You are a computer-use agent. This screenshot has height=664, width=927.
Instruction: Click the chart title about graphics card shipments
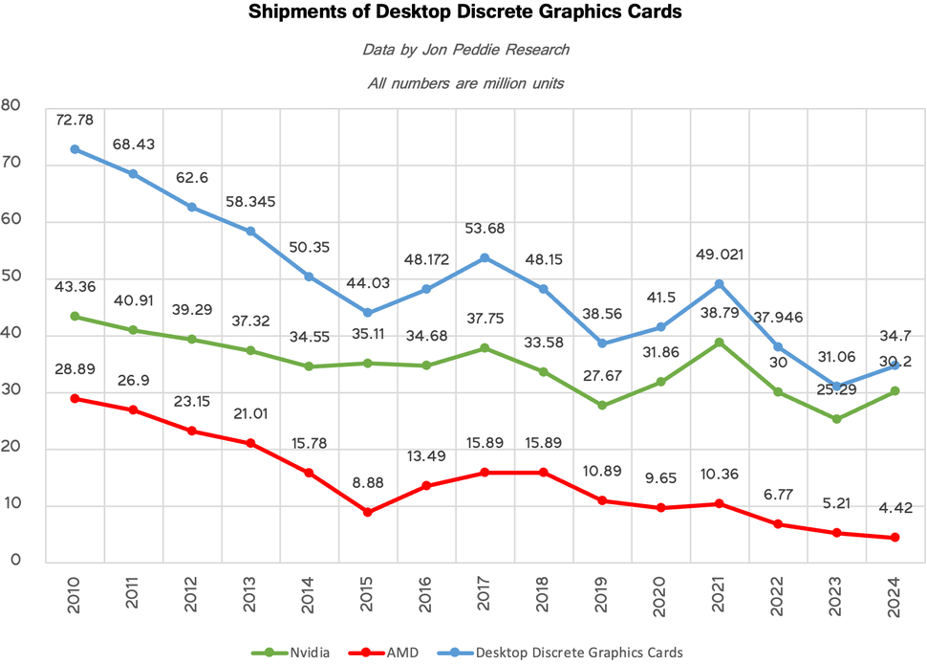click(x=465, y=13)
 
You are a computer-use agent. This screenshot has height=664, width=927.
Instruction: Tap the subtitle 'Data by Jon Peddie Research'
click(x=464, y=49)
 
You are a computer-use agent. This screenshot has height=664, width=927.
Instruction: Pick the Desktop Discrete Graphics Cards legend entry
click(x=563, y=652)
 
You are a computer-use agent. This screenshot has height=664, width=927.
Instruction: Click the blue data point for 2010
click(x=75, y=149)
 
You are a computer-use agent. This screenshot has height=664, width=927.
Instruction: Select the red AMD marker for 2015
click(x=369, y=512)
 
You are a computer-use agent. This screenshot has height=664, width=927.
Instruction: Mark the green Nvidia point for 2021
click(x=719, y=343)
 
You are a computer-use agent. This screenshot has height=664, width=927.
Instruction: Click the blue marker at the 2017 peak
click(x=485, y=257)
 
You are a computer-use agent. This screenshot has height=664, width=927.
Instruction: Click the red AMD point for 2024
click(x=895, y=538)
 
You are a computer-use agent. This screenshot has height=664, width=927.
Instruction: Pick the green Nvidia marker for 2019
click(x=602, y=406)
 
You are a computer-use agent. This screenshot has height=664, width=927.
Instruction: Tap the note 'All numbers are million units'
click(x=464, y=82)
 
